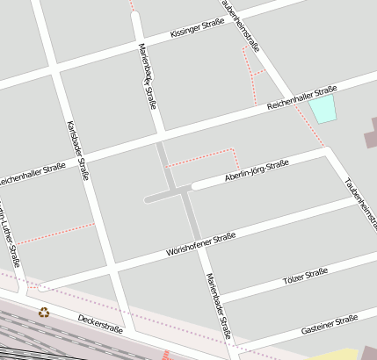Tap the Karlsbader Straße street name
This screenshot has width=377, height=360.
[x=78, y=150]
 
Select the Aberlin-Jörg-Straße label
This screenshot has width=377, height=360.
[x=257, y=169]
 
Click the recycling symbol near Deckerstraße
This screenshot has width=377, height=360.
[x=44, y=312]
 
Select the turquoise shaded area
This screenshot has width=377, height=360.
[x=323, y=109]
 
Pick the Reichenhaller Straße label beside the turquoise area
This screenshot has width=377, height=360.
[x=301, y=97]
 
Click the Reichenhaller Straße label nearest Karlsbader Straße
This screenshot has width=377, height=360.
[x=32, y=175]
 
